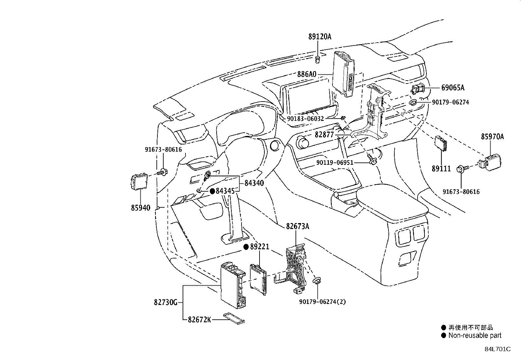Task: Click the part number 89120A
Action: point(320,37)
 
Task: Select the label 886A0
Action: point(307,74)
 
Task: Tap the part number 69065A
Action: point(453,88)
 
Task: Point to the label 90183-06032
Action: point(305,119)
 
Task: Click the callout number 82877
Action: point(324,135)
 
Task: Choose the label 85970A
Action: point(493,137)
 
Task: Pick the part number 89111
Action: point(441,169)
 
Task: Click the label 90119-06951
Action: point(335,162)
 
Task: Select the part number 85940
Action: point(141,208)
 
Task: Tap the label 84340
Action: point(254,183)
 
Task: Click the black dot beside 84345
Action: point(212,191)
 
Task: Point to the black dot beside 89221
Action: point(246,247)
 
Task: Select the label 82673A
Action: point(298,226)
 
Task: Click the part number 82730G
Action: point(166,302)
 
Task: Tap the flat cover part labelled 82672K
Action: point(234,318)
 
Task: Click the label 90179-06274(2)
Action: point(323,302)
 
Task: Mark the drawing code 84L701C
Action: point(498,349)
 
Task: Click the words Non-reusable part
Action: point(475,335)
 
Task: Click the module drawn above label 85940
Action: point(139,181)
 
